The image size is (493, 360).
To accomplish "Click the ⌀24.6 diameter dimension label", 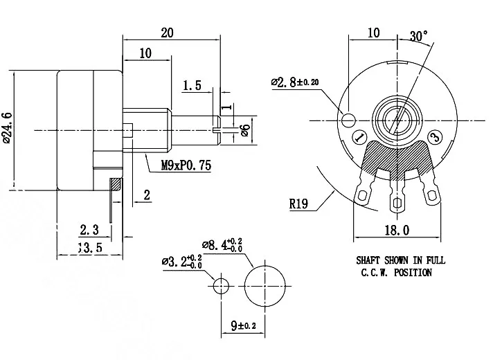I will click(8, 127).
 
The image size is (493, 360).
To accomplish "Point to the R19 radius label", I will click(299, 204).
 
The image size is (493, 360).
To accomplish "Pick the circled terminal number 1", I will click(359, 137).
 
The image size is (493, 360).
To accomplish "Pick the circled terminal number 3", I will click(434, 137).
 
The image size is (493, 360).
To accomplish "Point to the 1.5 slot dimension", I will click(192, 86).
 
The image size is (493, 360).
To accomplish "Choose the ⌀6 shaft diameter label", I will click(244, 129).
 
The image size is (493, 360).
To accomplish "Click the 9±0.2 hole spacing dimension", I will click(244, 323).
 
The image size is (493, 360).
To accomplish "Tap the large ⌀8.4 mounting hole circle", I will click(266, 284).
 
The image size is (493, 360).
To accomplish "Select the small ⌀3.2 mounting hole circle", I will click(221, 284).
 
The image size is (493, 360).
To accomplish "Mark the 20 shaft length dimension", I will click(166, 33).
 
